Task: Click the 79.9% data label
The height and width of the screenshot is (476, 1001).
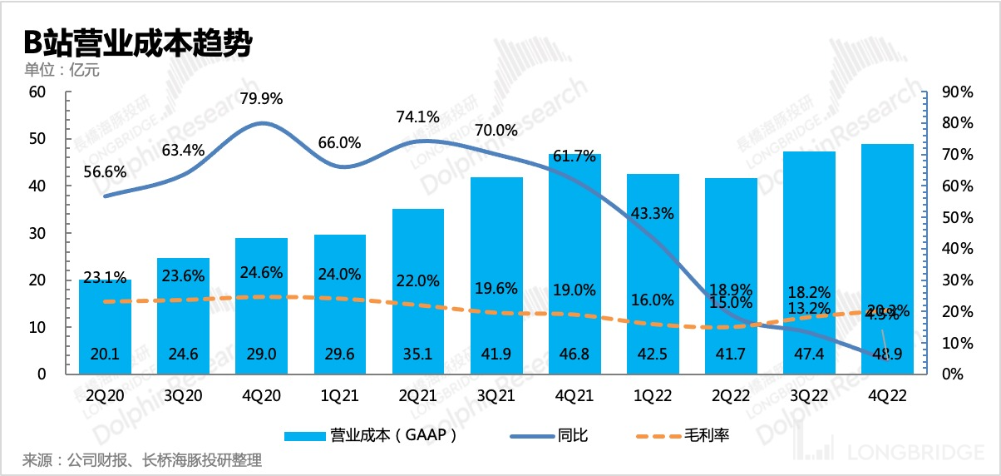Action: click(x=261, y=99)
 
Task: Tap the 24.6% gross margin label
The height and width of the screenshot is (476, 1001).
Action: click(x=261, y=272)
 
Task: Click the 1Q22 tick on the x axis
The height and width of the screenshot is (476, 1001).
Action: click(x=653, y=396)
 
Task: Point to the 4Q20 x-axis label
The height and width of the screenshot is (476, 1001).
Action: click(x=261, y=396)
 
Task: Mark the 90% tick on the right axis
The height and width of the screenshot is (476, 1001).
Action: click(x=954, y=92)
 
